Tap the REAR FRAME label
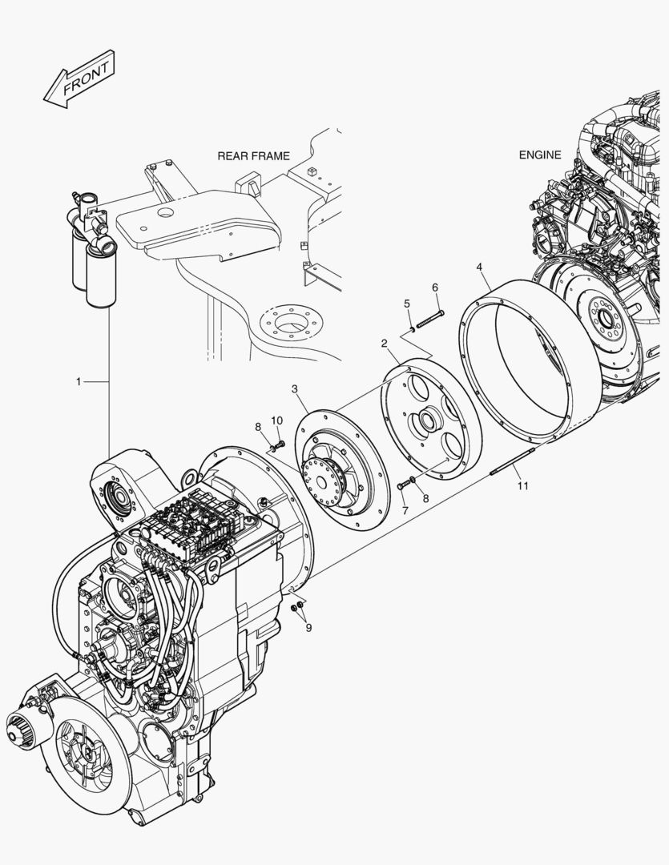tap(253, 156)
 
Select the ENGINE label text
tap(540, 155)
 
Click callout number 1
tap(79, 382)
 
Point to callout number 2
tap(385, 344)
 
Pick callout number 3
tap(295, 389)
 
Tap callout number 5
tap(407, 303)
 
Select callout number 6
tap(435, 288)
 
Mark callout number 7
tap(405, 510)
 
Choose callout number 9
tap(308, 627)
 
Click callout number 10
tap(276, 420)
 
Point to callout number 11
tap(522, 485)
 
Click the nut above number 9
tap(297, 606)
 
